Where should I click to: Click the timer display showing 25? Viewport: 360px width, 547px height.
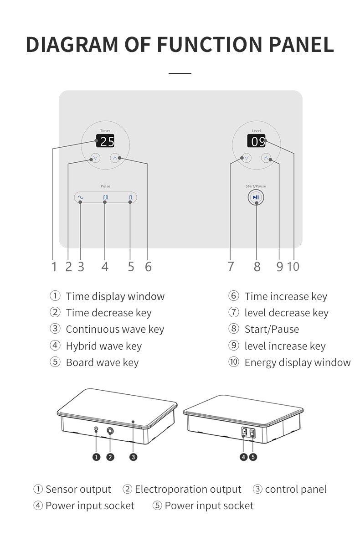[105, 141]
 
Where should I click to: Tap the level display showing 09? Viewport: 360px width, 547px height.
[256, 141]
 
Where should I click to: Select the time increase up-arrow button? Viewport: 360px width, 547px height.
[115, 158]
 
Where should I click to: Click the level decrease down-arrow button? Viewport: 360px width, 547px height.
[247, 158]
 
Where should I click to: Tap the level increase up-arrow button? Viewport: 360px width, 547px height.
[266, 158]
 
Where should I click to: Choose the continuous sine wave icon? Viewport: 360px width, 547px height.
[80, 197]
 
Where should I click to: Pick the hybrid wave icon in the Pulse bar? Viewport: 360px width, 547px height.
[105, 197]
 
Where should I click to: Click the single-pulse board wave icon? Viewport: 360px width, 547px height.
[131, 197]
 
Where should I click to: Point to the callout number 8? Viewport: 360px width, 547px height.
[257, 267]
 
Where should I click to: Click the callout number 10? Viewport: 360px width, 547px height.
[293, 267]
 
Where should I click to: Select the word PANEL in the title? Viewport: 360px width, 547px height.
[301, 45]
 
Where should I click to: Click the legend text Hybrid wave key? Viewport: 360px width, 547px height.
[104, 346]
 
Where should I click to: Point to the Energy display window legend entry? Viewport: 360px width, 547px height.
[298, 363]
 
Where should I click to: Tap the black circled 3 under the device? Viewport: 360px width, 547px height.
[133, 457]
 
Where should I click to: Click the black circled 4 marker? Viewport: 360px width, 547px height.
[244, 457]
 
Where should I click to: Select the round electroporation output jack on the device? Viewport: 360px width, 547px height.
[111, 431]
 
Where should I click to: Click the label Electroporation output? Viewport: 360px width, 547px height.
[188, 490]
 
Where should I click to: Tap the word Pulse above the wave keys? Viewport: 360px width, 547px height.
[105, 186]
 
